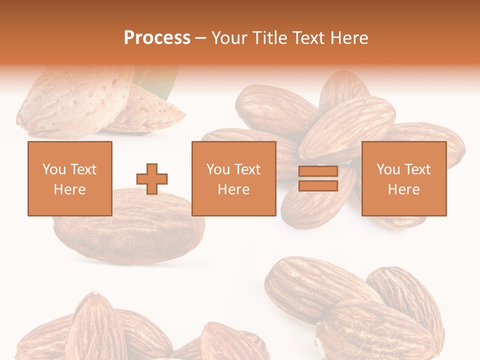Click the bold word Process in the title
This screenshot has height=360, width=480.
(157, 37)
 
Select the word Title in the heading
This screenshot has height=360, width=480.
(269, 37)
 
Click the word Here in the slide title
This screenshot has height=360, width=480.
(349, 37)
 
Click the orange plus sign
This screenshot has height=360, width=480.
(152, 179)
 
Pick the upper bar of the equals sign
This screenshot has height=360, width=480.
(318, 171)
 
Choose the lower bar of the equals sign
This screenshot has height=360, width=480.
(318, 185)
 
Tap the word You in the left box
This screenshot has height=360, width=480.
(54, 169)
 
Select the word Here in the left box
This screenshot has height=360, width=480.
(70, 189)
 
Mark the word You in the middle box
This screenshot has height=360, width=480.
(218, 169)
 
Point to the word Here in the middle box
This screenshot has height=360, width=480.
(234, 189)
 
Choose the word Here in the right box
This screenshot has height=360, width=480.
(404, 189)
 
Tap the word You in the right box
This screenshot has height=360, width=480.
(388, 169)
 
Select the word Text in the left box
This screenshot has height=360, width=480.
(83, 169)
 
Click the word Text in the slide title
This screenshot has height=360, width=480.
(308, 37)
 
